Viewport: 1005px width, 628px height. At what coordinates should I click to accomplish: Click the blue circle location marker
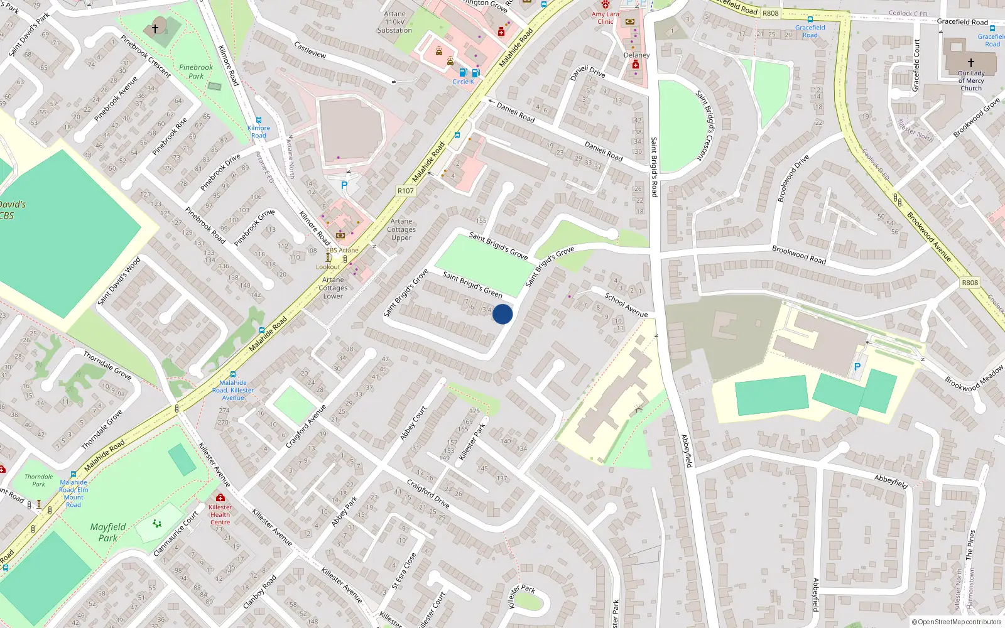[x=503, y=314]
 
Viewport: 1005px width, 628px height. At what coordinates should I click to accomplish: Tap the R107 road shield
[x=406, y=191]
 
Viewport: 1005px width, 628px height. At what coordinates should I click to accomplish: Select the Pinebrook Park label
[x=196, y=72]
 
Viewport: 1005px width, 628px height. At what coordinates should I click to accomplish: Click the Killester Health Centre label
[x=220, y=514]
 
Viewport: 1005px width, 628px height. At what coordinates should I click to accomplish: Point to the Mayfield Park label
[x=108, y=532]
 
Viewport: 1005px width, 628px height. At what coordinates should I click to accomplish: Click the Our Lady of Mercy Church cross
[x=971, y=63]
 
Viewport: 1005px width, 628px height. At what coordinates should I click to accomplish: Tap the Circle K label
[x=463, y=82]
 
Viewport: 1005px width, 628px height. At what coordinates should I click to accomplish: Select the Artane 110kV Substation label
[x=394, y=22]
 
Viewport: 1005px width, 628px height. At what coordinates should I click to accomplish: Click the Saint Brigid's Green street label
[x=472, y=284]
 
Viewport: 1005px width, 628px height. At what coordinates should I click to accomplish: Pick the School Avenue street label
[x=626, y=305]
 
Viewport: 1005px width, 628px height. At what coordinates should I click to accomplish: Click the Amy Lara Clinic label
[x=605, y=18]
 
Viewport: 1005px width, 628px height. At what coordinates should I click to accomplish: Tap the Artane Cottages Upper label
[x=401, y=229]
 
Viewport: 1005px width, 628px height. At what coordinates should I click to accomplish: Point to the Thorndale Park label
[x=39, y=480]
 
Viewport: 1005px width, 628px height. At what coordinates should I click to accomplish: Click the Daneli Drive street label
[x=588, y=72]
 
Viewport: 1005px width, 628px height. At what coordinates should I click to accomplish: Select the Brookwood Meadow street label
[x=974, y=379]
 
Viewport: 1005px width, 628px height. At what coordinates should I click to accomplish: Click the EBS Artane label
[x=342, y=250]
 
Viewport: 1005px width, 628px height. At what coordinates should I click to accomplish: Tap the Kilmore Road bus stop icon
[x=258, y=120]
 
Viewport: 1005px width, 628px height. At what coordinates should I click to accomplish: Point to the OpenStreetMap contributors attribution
[x=957, y=622]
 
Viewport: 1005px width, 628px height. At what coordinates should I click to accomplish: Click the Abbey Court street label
[x=413, y=423]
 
